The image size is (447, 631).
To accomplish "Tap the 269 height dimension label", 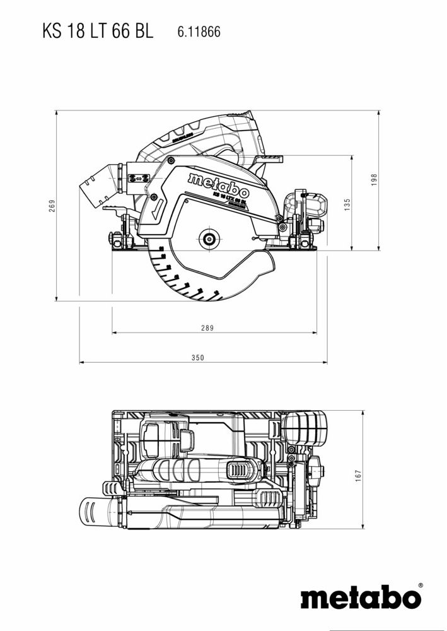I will (52, 206).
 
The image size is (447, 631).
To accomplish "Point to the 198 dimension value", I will (374, 180).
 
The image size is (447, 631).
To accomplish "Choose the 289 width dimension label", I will (207, 327).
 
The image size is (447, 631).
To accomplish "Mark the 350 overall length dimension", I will (198, 358).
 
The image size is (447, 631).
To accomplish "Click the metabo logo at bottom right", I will (359, 598).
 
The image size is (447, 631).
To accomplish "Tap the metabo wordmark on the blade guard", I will (218, 184).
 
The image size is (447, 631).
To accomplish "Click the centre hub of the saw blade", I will (207, 239).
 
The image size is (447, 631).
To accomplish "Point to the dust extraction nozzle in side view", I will (98, 186).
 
